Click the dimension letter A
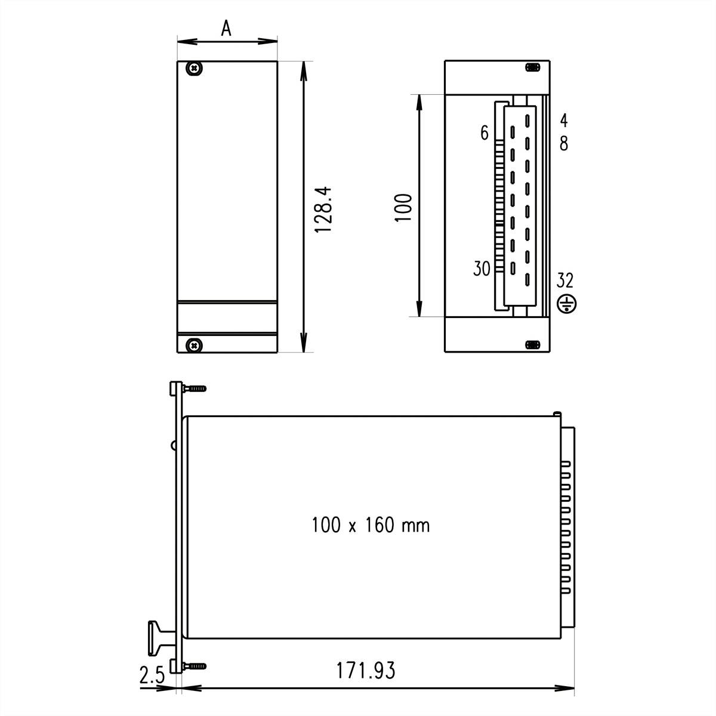click(x=226, y=27)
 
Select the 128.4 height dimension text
click(x=323, y=209)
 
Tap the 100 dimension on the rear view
click(x=404, y=207)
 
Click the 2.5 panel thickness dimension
click(x=152, y=676)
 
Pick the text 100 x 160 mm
click(x=371, y=525)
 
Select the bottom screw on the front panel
click(x=193, y=344)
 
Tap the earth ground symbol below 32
click(x=566, y=304)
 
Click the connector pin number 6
click(x=484, y=133)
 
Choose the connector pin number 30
click(x=482, y=269)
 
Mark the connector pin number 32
click(x=565, y=279)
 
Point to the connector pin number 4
click(x=564, y=121)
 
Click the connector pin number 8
click(x=564, y=144)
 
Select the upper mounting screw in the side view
click(x=195, y=388)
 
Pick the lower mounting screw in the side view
click(x=195, y=665)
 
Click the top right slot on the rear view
click(x=532, y=67)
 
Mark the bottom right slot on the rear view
click(x=532, y=345)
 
